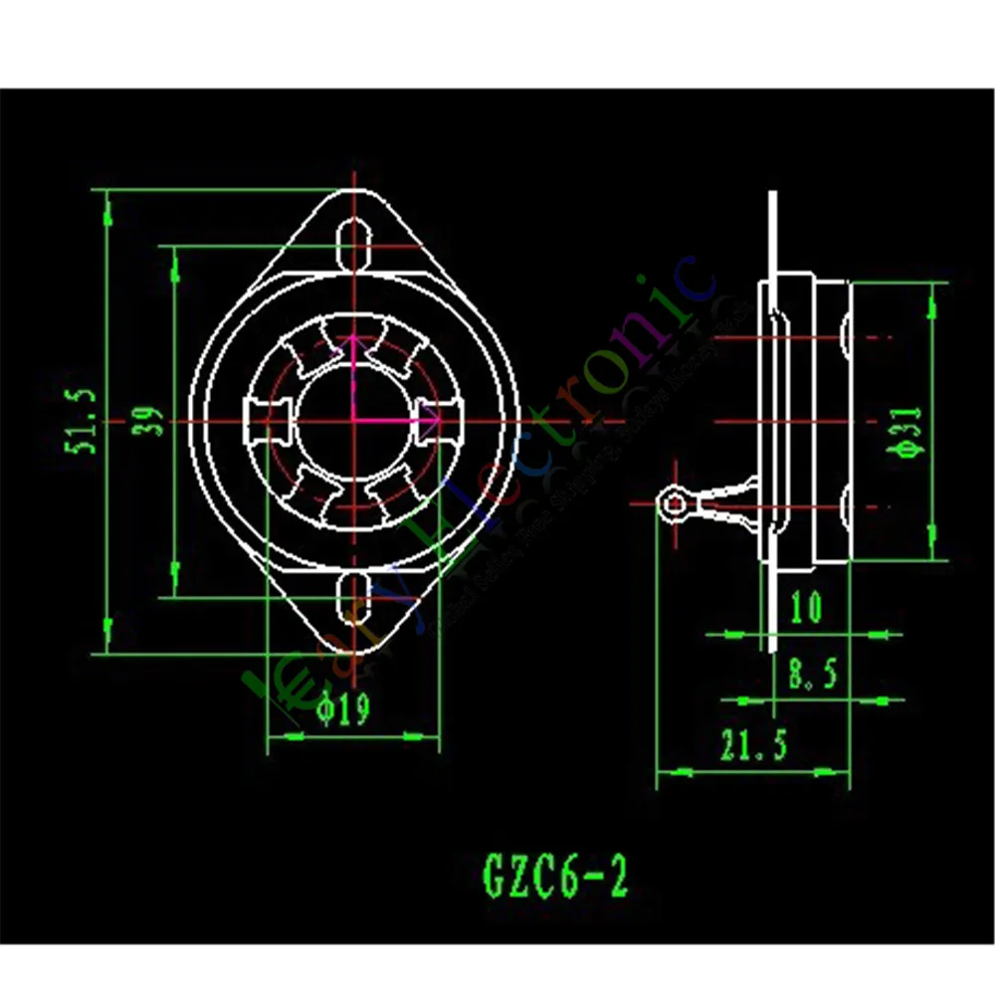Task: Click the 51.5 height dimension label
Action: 84,421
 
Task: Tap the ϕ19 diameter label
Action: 342,708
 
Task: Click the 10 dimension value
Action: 805,606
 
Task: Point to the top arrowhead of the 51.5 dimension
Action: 107,204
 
